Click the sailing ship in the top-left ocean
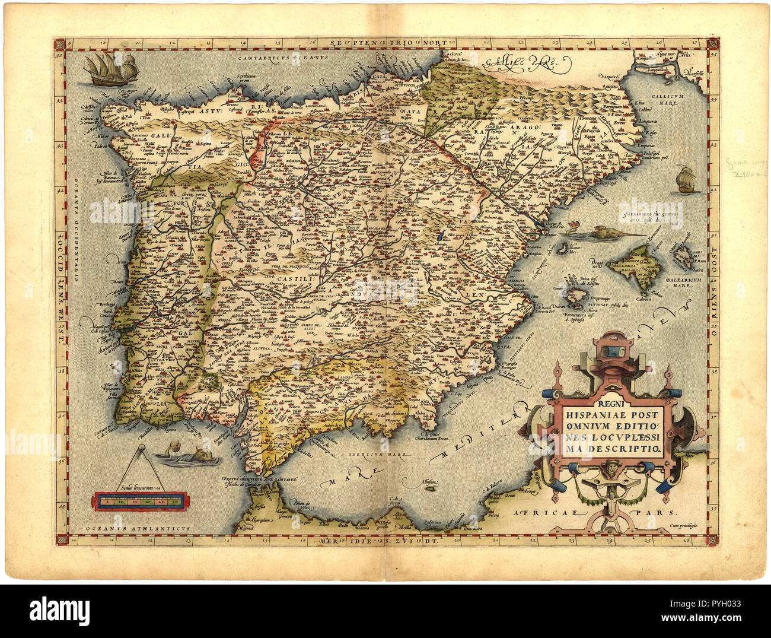coord(111,69)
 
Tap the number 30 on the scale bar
coord(176,501)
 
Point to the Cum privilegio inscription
coord(684,525)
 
